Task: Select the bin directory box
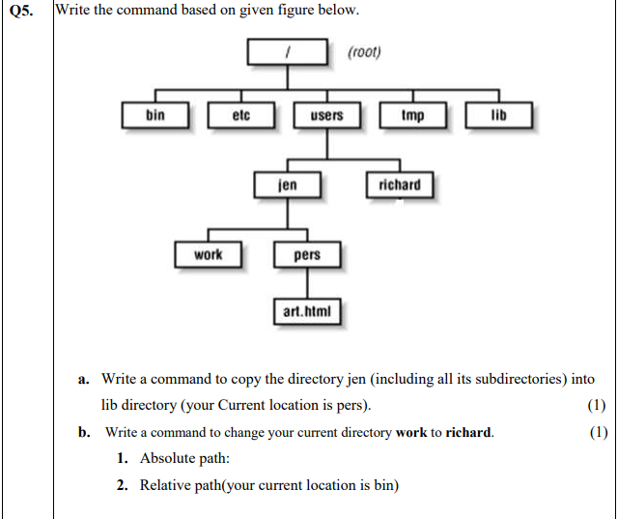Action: pos(155,116)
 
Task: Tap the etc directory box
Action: pos(241,116)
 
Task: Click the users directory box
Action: pos(326,116)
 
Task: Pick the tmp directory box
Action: pos(412,116)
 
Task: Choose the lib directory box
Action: pos(498,116)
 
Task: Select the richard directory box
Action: pos(400,185)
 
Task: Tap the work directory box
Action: pos(208,255)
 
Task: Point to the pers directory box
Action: pos(307,256)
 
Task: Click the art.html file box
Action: pos(307,312)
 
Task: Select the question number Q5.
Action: pos(23,12)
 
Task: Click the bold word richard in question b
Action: pos(468,433)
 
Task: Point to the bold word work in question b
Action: pos(410,433)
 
